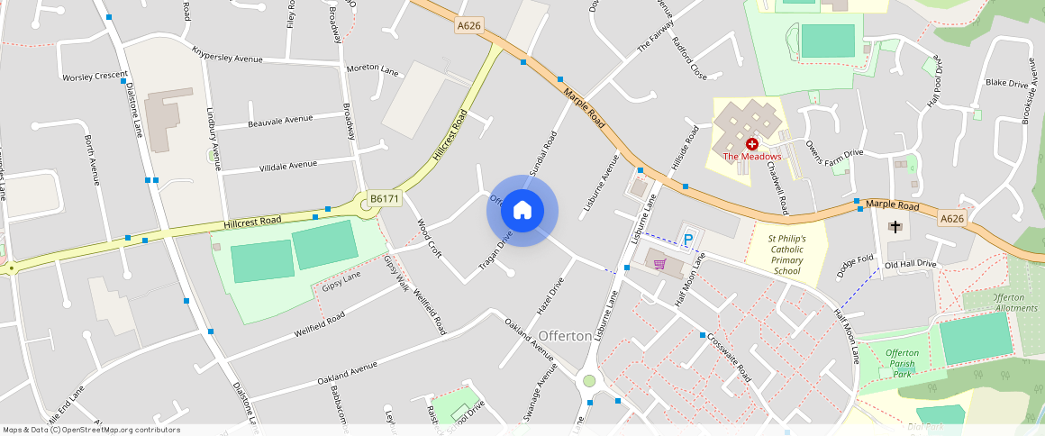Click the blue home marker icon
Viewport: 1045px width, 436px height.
coord(522,211)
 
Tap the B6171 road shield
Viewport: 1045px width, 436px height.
coord(384,198)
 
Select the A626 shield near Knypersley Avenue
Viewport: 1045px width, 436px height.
coord(469,26)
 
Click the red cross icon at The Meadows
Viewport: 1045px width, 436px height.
coord(751,144)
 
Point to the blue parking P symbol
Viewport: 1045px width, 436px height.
coord(688,240)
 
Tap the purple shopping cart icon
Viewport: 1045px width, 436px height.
coord(660,264)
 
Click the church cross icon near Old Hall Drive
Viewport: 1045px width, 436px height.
coord(895,226)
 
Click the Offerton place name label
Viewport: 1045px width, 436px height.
coord(566,335)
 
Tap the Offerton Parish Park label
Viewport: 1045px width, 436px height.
coord(901,363)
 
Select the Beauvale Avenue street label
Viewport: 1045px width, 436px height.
coord(280,120)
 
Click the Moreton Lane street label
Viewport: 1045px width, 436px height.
coord(372,69)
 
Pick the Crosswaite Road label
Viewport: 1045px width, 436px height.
coord(729,359)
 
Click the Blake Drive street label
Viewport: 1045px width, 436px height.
coord(1006,84)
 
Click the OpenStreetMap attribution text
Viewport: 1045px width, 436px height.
coord(92,430)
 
